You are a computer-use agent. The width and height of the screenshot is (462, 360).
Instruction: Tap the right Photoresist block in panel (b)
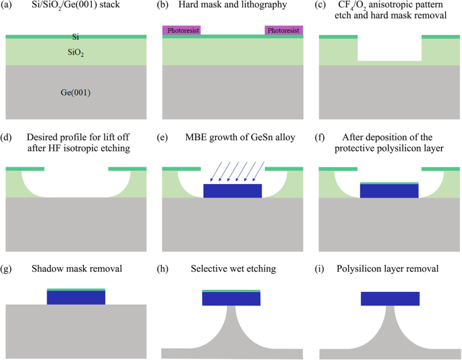283,30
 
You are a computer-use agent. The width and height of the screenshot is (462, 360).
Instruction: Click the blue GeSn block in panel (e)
232,191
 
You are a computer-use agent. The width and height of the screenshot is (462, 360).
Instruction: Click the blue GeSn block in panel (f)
389,191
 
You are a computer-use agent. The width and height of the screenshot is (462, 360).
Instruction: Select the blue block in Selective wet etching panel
231,299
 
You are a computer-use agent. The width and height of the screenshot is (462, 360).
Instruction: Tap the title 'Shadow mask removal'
76,269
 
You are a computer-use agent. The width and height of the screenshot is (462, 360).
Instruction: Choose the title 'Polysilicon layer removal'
388,269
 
